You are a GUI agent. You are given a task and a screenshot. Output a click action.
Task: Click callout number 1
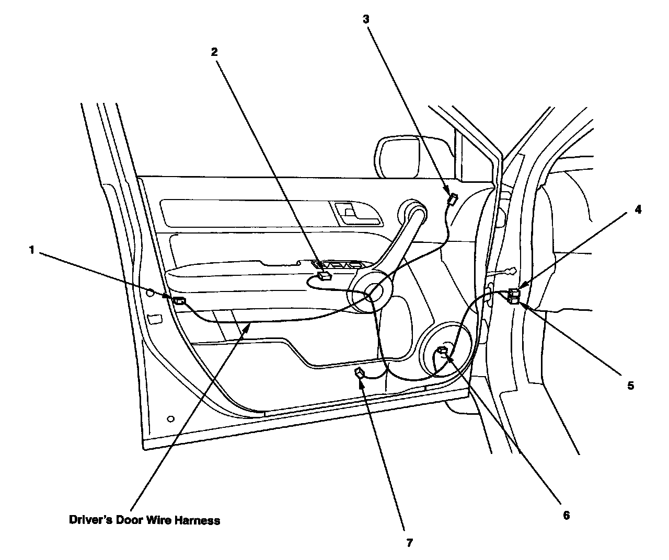[32, 250]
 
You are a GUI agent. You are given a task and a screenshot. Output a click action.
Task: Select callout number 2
[214, 52]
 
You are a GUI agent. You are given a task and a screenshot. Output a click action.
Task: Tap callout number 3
[366, 19]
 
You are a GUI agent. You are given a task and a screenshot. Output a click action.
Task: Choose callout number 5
[630, 386]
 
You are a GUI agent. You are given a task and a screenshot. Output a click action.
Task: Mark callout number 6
[566, 515]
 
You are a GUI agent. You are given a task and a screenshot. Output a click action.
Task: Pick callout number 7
[410, 543]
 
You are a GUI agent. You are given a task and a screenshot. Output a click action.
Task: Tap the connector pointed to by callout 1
[179, 300]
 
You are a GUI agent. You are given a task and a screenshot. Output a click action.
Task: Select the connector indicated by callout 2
[325, 277]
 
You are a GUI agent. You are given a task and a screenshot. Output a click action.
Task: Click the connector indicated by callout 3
[452, 199]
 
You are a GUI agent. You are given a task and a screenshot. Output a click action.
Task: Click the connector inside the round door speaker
[444, 350]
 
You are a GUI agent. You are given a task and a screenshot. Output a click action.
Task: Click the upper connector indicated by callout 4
[515, 292]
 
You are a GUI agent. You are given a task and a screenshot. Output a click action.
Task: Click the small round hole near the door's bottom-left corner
[170, 419]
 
